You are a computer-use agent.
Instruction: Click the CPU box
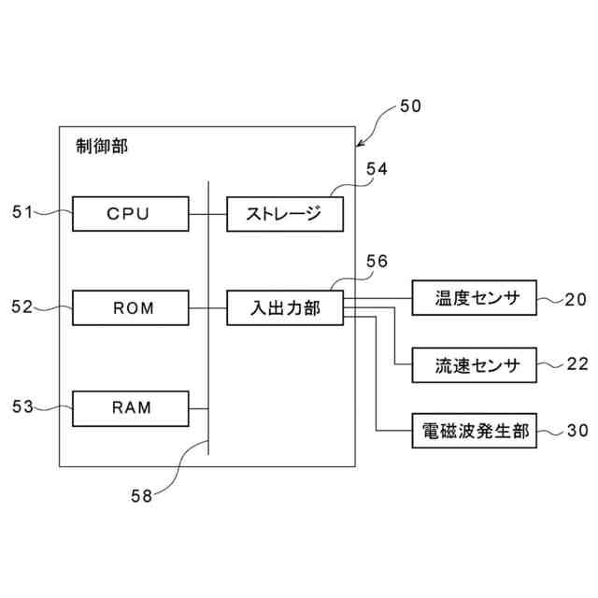click(131, 214)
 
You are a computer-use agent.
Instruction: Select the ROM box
click(131, 307)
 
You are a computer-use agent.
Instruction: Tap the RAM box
click(131, 408)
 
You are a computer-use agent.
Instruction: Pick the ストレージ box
click(285, 214)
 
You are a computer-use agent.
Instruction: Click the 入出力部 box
click(285, 307)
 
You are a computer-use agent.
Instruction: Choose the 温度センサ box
click(475, 298)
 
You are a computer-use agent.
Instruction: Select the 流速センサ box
click(475, 365)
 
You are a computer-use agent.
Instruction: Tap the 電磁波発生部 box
click(475, 431)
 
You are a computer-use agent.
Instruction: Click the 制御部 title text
click(102, 146)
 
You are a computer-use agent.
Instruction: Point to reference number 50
click(410, 106)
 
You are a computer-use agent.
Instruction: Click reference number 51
click(22, 212)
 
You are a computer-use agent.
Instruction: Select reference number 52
click(22, 306)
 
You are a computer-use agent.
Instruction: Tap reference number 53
click(22, 406)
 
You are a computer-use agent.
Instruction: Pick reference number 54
click(377, 169)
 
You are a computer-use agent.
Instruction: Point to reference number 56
click(377, 262)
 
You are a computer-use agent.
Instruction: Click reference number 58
click(141, 496)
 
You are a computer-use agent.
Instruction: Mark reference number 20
click(576, 300)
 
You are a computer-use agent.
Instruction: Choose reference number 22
click(577, 364)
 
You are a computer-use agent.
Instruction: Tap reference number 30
click(577, 431)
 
